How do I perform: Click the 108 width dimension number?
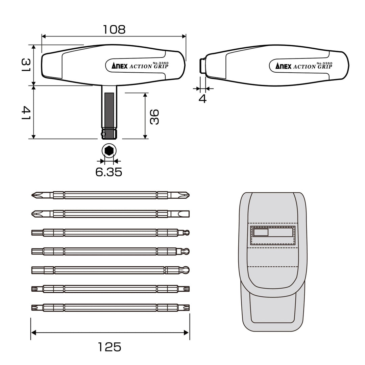(x=114, y=29)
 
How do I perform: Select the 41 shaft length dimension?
(x=26, y=113)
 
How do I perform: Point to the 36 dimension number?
(x=154, y=117)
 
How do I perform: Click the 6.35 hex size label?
(x=109, y=172)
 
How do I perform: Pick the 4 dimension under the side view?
(x=202, y=99)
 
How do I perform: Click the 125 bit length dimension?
(x=109, y=347)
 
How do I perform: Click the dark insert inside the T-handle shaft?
(x=109, y=109)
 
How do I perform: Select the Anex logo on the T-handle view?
(x=120, y=66)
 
